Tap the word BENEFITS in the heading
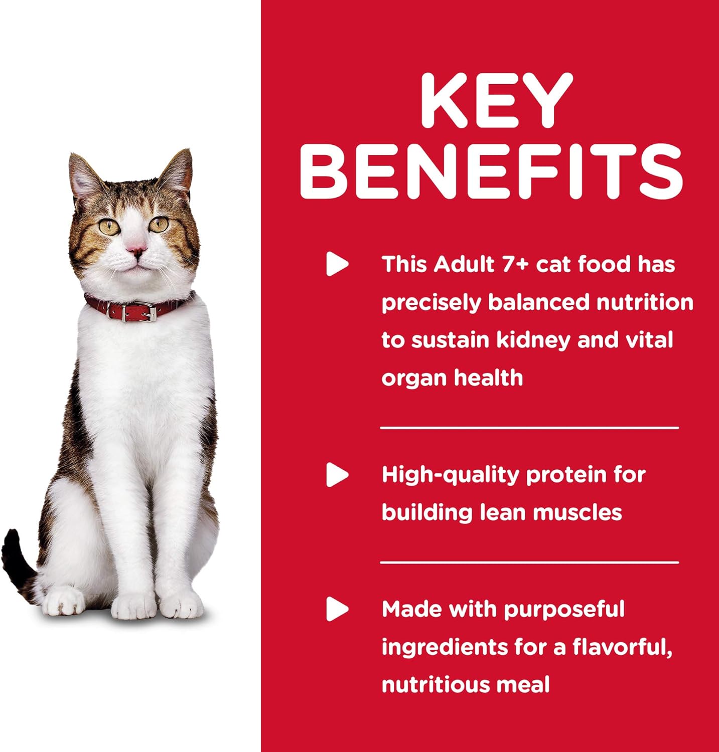point(492,171)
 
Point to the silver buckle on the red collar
point(146,314)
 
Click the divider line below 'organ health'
point(529,428)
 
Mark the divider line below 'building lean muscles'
point(529,562)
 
